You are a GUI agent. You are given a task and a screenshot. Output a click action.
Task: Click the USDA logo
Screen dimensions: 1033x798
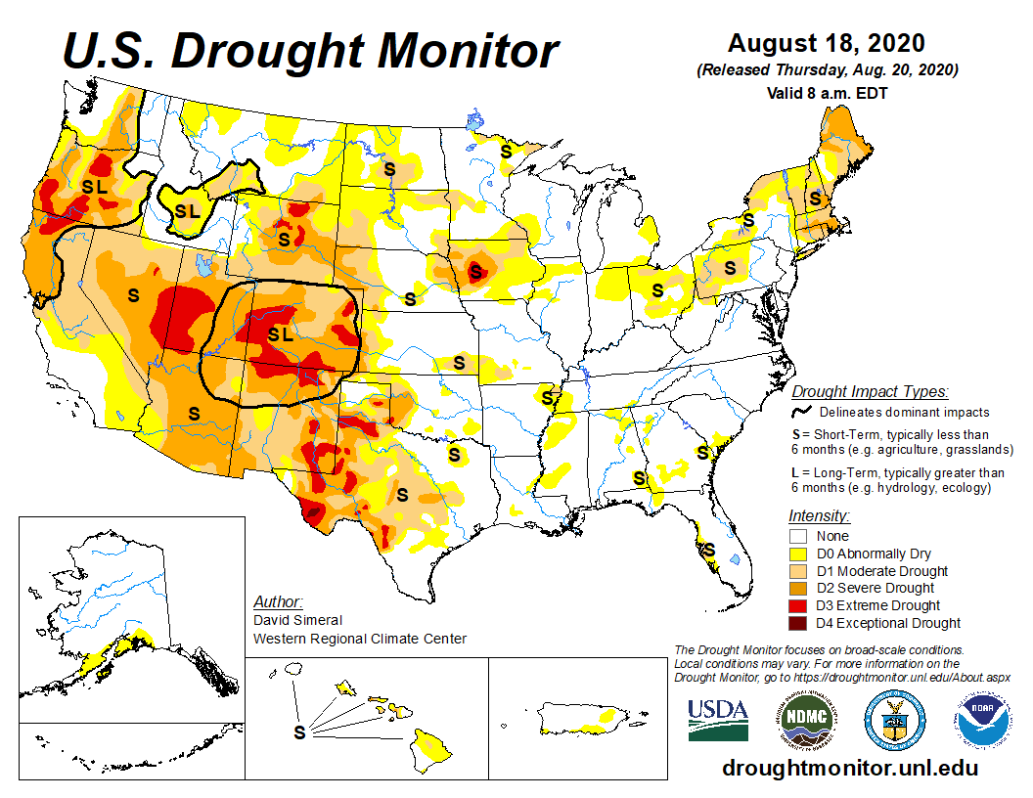click(718, 720)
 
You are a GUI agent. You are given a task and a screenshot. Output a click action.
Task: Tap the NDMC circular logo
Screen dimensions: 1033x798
click(806, 720)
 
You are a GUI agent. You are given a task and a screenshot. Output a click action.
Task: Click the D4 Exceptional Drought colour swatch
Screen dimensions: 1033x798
click(798, 623)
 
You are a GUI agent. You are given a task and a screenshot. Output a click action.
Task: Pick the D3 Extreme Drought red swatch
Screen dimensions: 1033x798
click(798, 605)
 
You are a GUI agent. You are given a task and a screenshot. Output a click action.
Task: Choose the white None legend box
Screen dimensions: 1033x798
click(798, 536)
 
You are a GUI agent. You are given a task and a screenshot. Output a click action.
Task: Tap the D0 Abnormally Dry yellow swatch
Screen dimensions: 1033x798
click(798, 554)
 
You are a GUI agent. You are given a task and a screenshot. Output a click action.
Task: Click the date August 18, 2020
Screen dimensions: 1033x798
click(827, 43)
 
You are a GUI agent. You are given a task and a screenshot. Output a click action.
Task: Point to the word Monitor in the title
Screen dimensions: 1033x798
click(468, 51)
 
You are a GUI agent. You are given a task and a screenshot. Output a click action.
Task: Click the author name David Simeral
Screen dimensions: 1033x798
click(297, 620)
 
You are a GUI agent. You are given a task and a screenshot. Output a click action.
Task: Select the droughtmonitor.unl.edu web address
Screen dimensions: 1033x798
click(850, 769)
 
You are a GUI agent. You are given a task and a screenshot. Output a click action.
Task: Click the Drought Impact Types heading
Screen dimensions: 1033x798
click(870, 392)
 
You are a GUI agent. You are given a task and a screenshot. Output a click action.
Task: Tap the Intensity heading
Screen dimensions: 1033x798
click(819, 515)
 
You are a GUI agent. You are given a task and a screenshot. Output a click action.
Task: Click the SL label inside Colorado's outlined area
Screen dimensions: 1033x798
click(280, 334)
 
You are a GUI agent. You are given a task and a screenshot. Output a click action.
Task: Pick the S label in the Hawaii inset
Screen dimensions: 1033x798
click(299, 732)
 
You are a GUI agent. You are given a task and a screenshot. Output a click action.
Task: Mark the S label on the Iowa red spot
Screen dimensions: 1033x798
click(475, 271)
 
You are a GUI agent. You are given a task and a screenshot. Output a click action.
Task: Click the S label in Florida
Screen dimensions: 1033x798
click(709, 550)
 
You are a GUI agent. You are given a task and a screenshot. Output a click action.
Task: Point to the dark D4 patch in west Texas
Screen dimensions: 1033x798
click(313, 511)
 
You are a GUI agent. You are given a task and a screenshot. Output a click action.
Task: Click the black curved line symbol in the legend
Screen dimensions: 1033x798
click(801, 412)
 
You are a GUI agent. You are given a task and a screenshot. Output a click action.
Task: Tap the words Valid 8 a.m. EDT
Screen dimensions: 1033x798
click(827, 94)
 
